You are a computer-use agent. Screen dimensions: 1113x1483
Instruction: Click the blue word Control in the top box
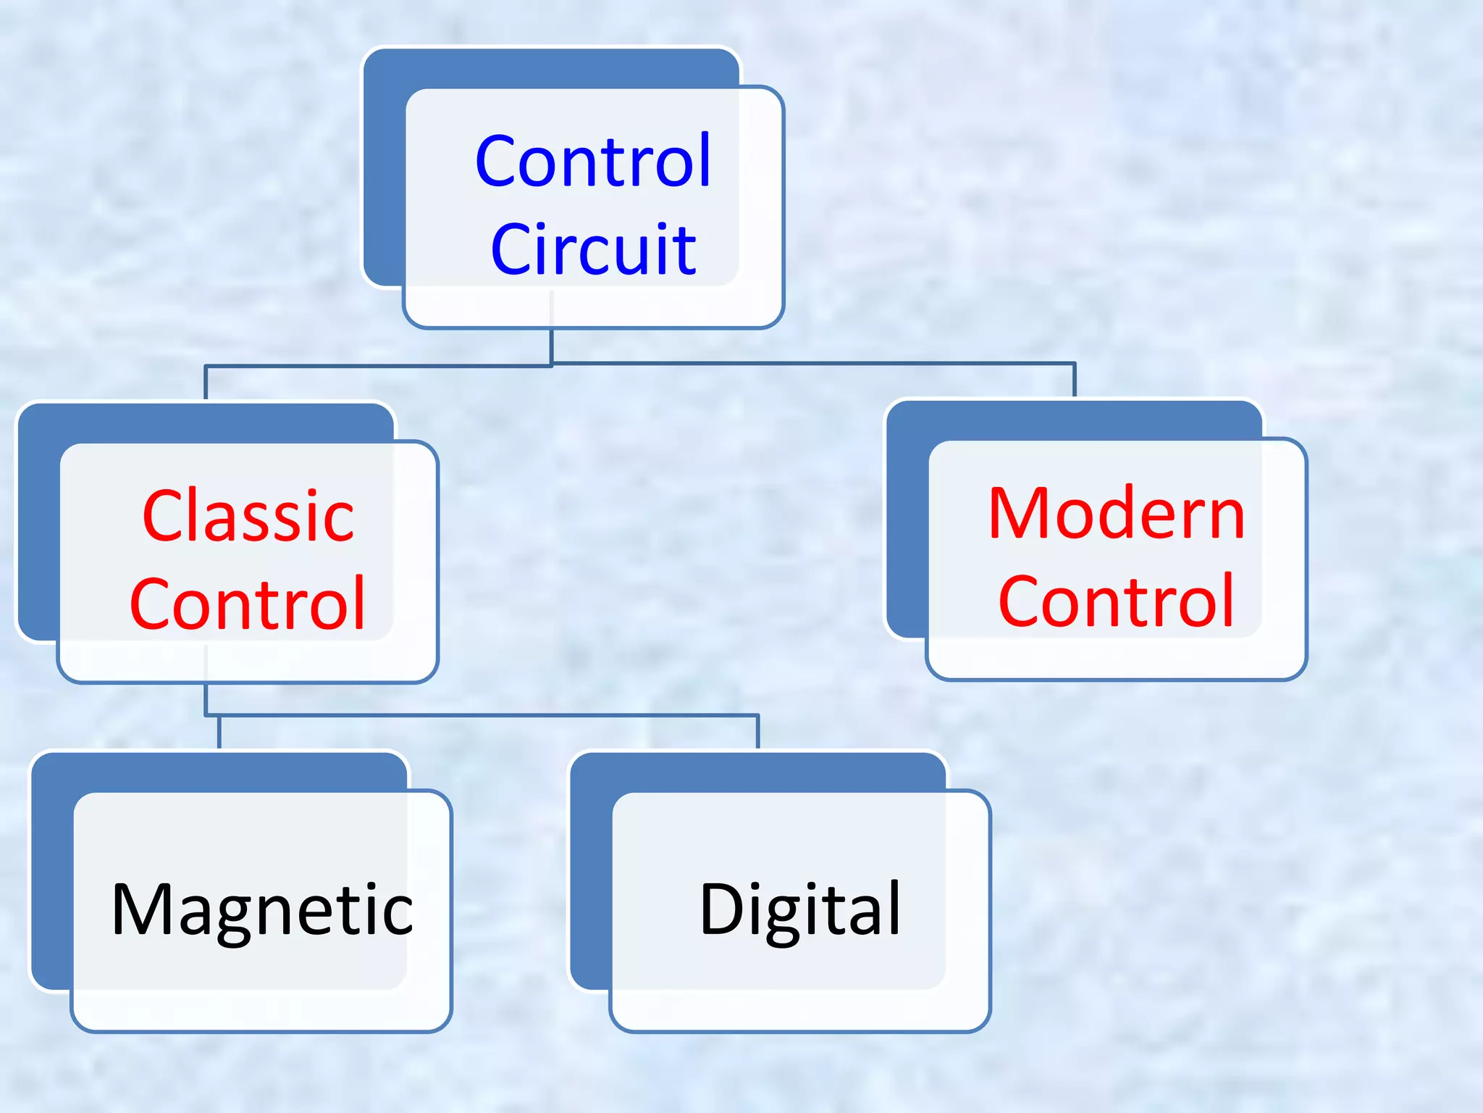(x=593, y=162)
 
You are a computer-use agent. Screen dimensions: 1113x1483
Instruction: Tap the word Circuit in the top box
(x=593, y=250)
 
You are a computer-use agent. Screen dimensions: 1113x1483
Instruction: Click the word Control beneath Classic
(x=248, y=604)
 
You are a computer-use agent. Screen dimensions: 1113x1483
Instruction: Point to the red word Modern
(x=1116, y=514)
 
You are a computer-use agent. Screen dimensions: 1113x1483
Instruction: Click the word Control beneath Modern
(x=1116, y=601)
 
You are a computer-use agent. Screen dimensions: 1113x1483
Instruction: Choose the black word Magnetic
(x=261, y=910)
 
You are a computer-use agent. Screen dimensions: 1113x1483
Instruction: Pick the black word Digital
(x=800, y=910)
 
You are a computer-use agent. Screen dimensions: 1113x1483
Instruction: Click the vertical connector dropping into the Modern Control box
(x=1074, y=380)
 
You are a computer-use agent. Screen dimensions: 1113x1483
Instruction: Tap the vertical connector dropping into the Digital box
(x=758, y=732)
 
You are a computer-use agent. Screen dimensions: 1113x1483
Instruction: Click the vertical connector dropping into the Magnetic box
(x=219, y=732)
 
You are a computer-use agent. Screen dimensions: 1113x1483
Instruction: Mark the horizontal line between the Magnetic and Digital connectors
(x=485, y=716)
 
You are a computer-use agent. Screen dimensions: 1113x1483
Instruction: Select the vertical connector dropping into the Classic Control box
(x=206, y=383)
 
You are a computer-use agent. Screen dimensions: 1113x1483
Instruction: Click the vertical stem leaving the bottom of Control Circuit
(x=551, y=346)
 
